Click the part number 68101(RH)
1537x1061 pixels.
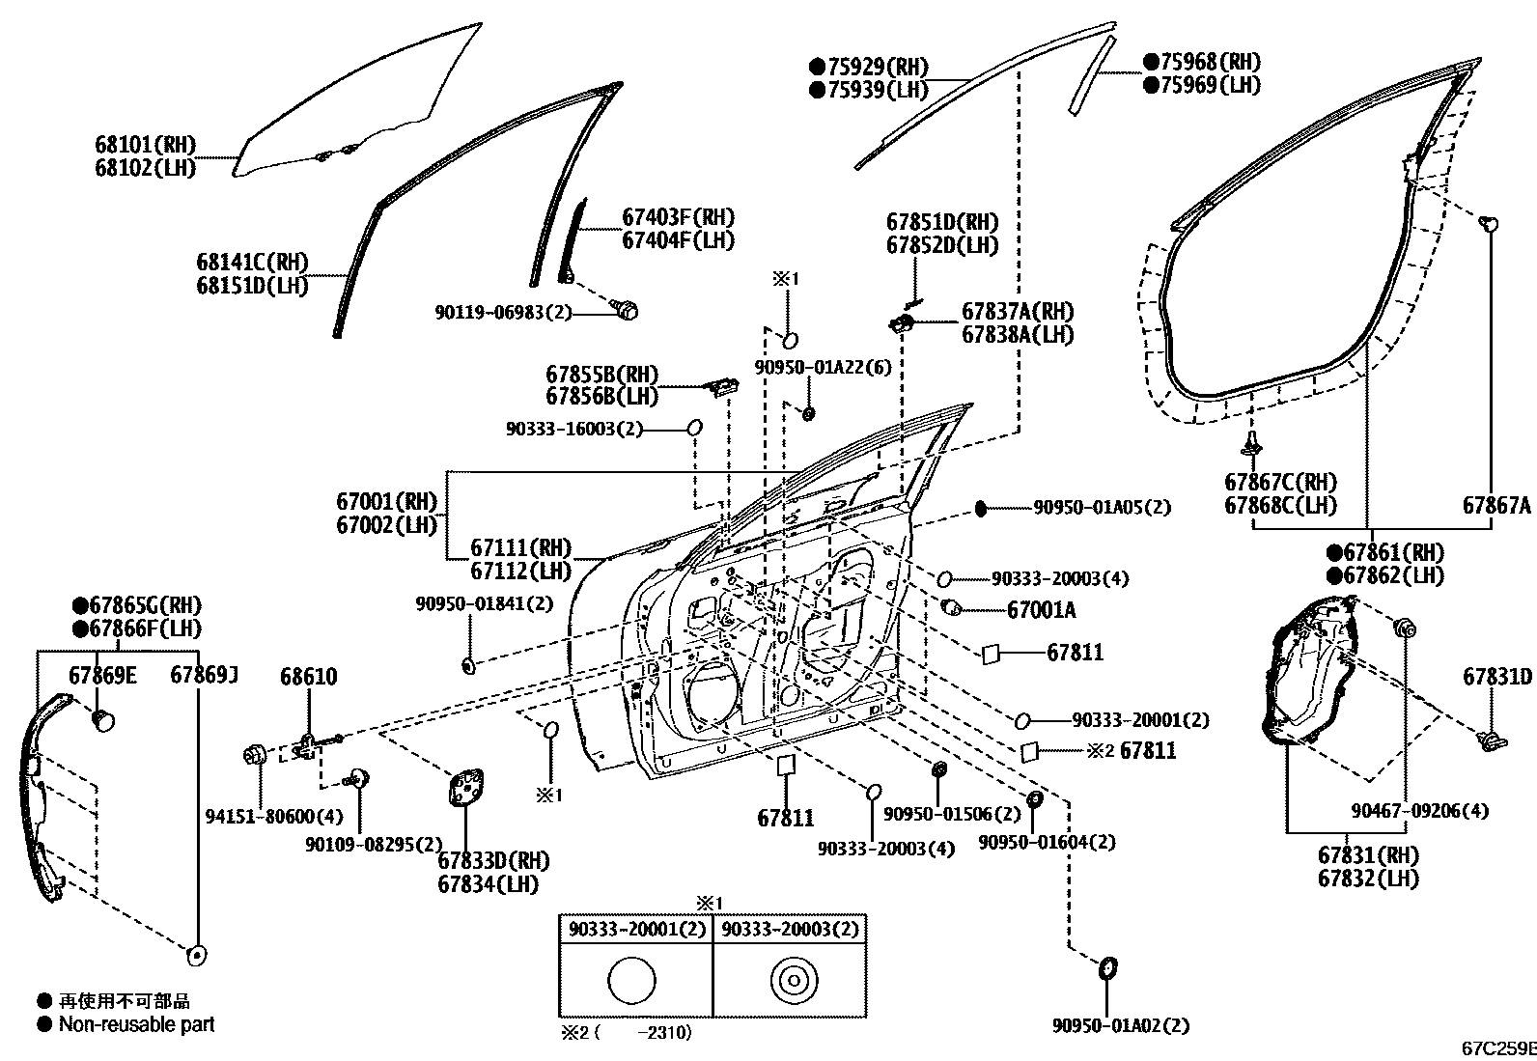click(x=145, y=145)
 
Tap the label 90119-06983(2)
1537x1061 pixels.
click(x=503, y=312)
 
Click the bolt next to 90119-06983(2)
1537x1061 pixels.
click(x=627, y=310)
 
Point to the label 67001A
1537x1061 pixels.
click(x=1041, y=610)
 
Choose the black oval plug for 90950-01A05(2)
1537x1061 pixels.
click(x=981, y=508)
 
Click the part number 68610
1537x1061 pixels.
click(x=309, y=677)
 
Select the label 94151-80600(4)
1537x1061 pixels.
click(x=274, y=817)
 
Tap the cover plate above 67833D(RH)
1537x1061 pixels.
click(x=466, y=787)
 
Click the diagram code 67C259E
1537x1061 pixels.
click(x=1497, y=1047)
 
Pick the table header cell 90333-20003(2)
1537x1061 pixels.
click(x=790, y=929)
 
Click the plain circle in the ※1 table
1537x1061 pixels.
click(x=632, y=981)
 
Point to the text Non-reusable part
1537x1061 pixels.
click(x=137, y=1024)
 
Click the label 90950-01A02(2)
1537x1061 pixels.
click(x=1121, y=1025)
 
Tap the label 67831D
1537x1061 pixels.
click(x=1496, y=677)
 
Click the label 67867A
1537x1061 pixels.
click(x=1496, y=505)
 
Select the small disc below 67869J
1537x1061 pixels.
click(x=198, y=955)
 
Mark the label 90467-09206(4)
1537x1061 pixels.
click(x=1419, y=811)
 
